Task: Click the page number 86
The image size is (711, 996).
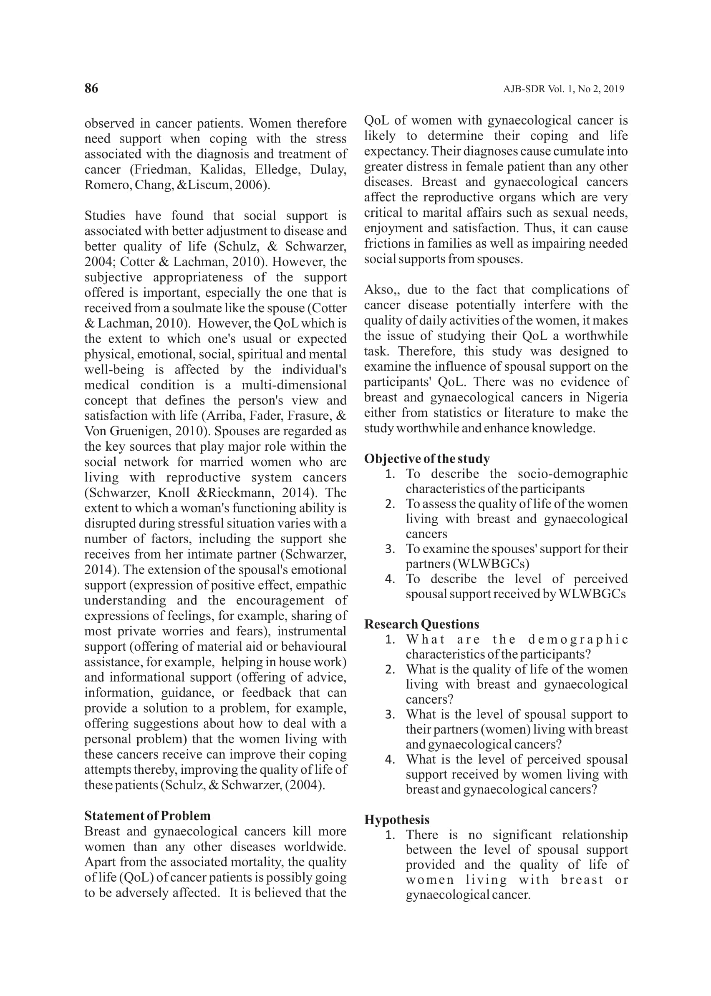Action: [x=91, y=88]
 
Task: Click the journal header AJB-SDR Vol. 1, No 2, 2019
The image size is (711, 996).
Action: [x=563, y=89]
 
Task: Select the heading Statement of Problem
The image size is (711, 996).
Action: [x=147, y=816]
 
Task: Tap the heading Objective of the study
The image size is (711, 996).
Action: [x=427, y=459]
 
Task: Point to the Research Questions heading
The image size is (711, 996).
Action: [x=421, y=624]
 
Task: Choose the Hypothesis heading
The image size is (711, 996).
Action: [x=397, y=820]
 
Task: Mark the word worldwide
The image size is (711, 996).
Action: [x=315, y=847]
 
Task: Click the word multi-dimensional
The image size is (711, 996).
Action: [x=294, y=385]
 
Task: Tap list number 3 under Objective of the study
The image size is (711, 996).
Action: [x=390, y=549]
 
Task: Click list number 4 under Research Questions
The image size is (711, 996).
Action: [x=390, y=760]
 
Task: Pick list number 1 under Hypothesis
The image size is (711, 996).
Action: [x=390, y=835]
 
